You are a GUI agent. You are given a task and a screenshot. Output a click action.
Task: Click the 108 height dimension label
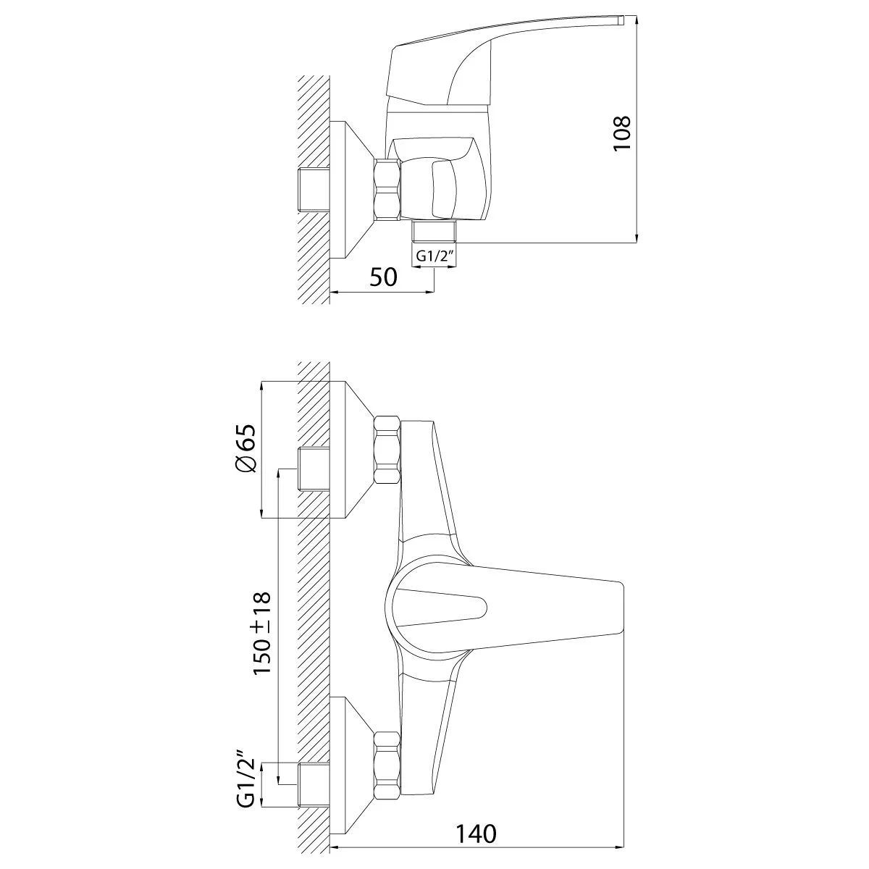coord(622,133)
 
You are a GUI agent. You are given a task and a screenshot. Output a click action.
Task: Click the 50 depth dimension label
coord(383,277)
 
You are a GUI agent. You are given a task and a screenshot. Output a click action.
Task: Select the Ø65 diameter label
coord(245,449)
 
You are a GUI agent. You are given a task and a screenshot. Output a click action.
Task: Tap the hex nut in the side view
coord(387,190)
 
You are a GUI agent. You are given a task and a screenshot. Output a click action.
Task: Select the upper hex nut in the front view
coord(387,450)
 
